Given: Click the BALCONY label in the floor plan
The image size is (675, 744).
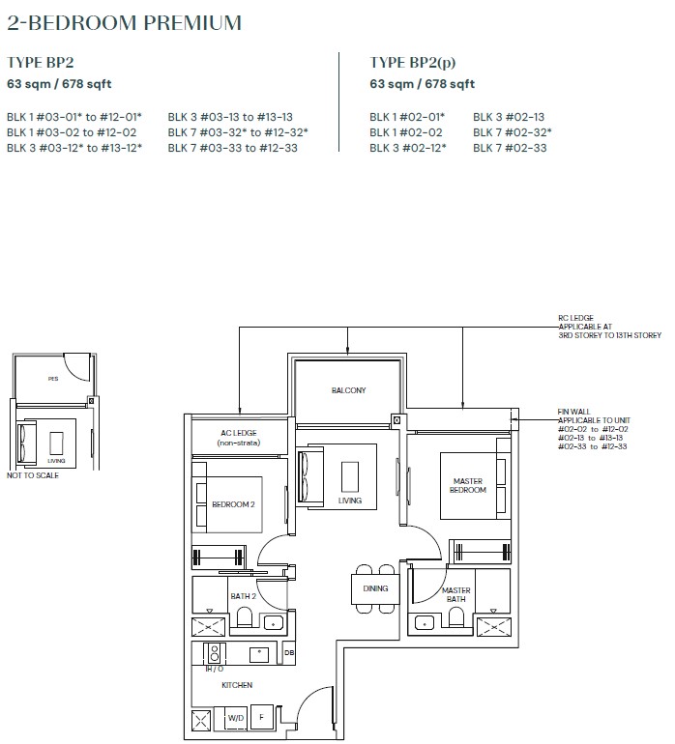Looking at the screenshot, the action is [x=349, y=390].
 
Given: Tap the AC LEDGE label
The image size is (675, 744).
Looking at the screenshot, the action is [x=239, y=433].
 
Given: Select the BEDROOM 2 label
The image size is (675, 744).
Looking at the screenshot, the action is [x=233, y=504].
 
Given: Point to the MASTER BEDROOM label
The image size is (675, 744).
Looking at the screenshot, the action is [x=468, y=485].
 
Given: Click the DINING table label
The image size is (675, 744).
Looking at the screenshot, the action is [x=375, y=588].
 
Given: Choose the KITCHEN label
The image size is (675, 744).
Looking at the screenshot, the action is [x=237, y=685].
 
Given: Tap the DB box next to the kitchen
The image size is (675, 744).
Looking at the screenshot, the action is [x=289, y=653].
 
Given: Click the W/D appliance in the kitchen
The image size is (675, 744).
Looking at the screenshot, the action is [x=236, y=718].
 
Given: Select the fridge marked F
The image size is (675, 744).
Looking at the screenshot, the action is [x=261, y=717].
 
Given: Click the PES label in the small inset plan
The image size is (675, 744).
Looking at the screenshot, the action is [x=53, y=379].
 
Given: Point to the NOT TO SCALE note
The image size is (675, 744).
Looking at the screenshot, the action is [x=33, y=475].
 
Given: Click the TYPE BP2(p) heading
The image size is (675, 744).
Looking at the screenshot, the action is [x=412, y=63].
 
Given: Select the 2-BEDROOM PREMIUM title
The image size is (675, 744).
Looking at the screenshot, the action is [x=125, y=23].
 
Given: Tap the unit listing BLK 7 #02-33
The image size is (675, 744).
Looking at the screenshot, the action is [x=510, y=148].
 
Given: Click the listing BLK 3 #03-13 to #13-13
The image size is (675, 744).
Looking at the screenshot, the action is [x=230, y=117].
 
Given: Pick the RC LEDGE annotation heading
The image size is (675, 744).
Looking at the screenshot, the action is [x=575, y=318].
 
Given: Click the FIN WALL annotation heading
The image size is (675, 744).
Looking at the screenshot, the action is [x=573, y=412].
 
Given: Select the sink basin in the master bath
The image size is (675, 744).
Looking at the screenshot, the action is [x=425, y=622].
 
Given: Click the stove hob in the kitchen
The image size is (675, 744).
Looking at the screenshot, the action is [x=215, y=653].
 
